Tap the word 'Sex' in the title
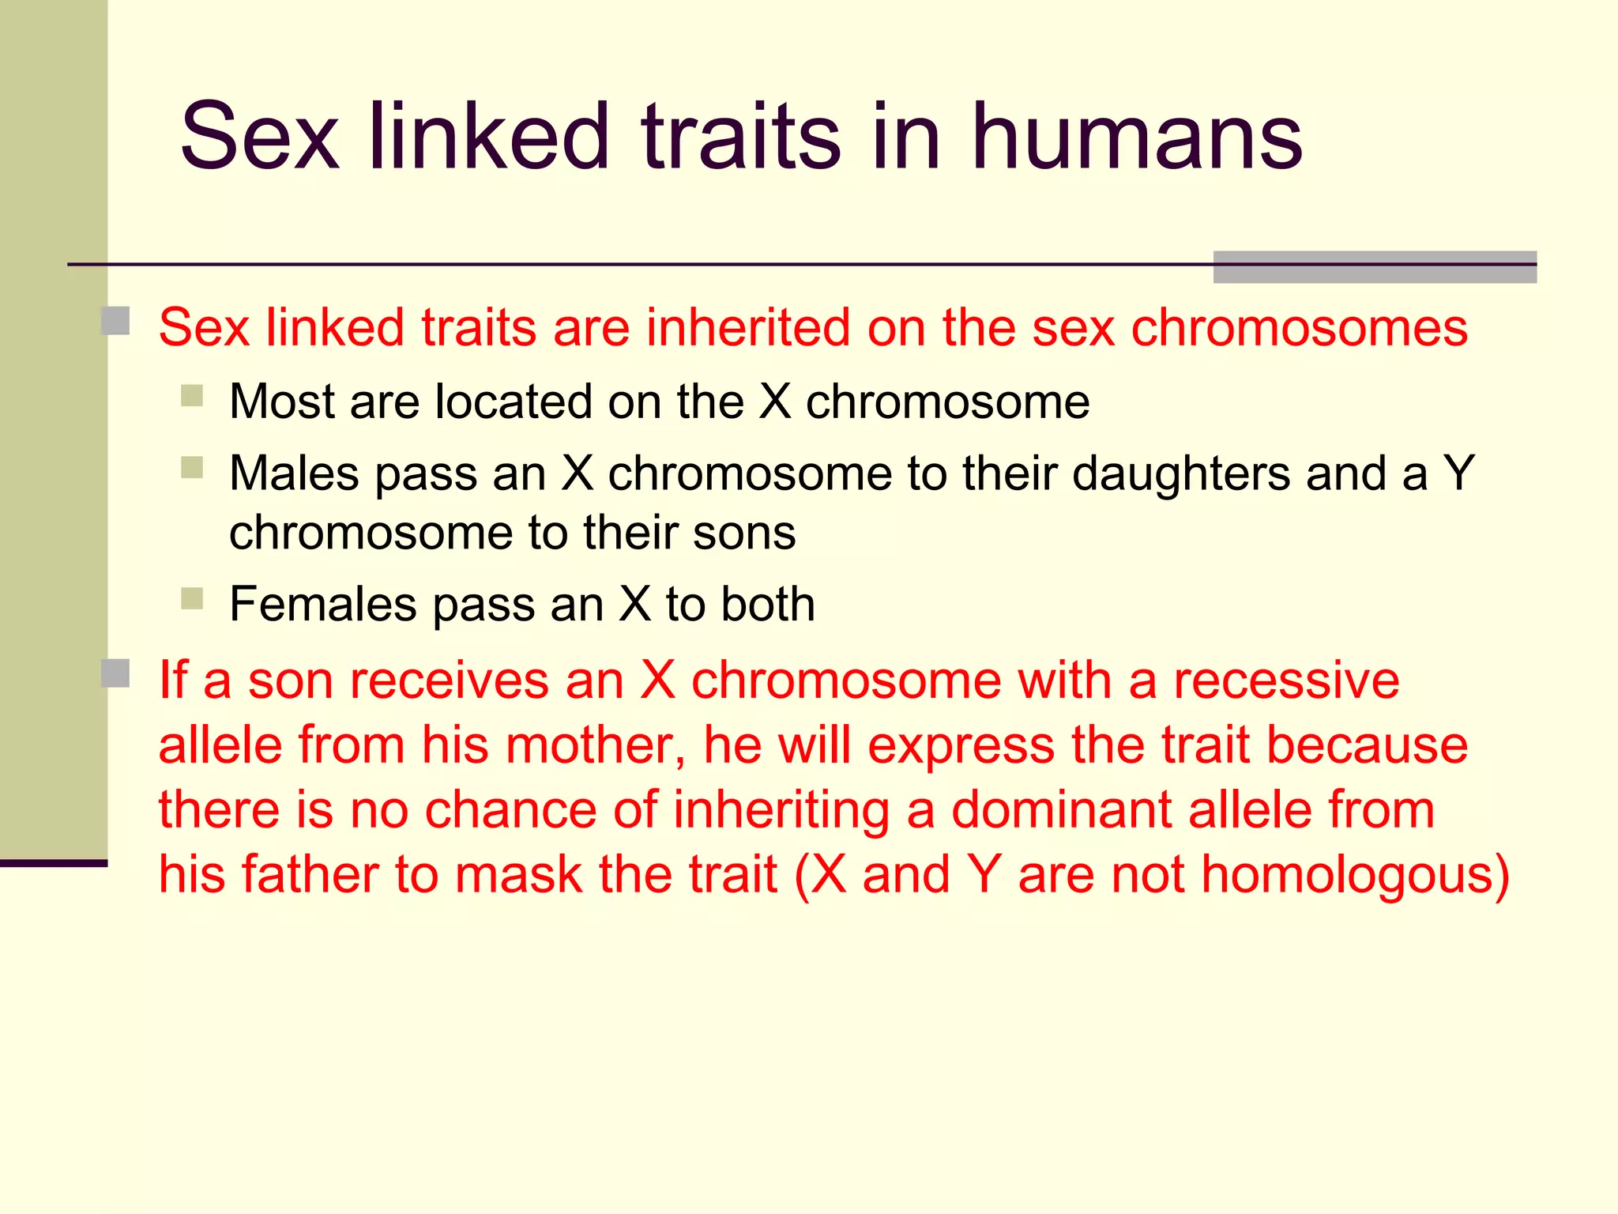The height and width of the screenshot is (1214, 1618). [x=259, y=138]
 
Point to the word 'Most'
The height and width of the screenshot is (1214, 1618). [x=282, y=402]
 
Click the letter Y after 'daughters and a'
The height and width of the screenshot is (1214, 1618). [x=1458, y=473]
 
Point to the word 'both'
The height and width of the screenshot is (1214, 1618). [x=767, y=605]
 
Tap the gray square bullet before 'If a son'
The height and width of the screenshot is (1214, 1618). [x=116, y=673]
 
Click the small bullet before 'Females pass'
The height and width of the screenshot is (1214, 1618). [x=192, y=598]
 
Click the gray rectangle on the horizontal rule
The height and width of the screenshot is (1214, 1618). [x=1374, y=267]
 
